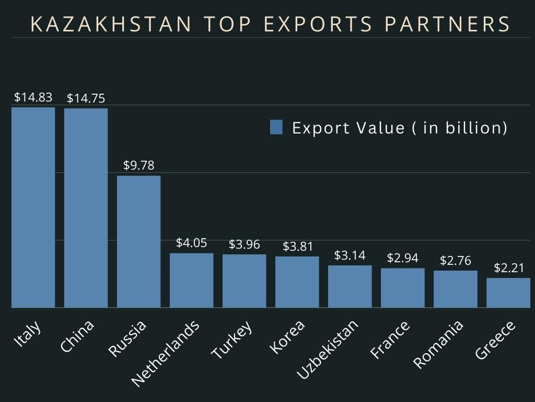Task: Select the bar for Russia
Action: pos(138,241)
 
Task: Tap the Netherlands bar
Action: pos(191,280)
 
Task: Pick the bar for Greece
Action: pos(508,293)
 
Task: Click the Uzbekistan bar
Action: pos(350,286)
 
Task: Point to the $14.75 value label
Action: pos(86,98)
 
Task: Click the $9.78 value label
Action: pos(138,165)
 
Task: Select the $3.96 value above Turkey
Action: pos(244,244)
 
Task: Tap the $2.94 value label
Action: pos(402,258)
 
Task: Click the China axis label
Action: pos(77,336)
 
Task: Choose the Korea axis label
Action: pos(287,338)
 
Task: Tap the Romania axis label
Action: pos(438,344)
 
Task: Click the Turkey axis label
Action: pos(232,340)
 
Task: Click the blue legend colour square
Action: pos(276,127)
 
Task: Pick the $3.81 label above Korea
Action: pos(297,246)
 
